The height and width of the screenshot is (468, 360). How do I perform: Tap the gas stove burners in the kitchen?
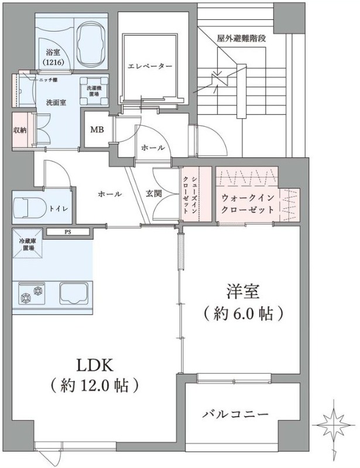[33, 292]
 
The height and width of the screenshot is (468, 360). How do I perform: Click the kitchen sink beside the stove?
[73, 292]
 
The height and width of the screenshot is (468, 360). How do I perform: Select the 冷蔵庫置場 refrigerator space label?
[27, 245]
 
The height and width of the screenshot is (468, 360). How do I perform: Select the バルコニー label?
[235, 414]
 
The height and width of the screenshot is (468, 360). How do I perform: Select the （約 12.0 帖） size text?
[94, 386]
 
